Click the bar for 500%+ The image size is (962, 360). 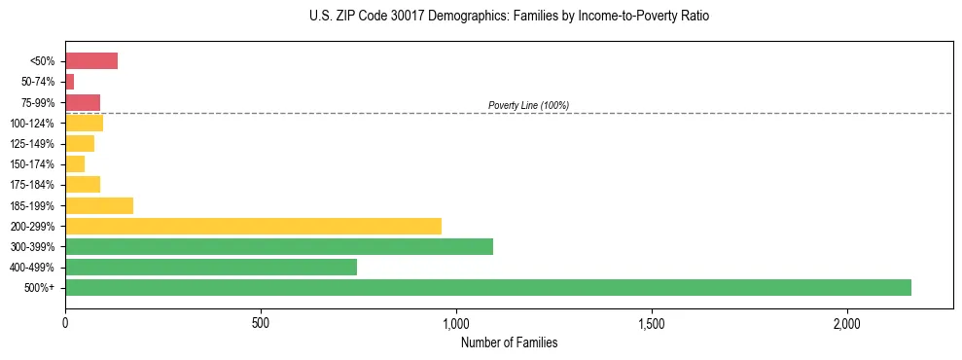[488, 287]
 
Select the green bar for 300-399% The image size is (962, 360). [279, 246]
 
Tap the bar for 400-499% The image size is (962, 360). [211, 267]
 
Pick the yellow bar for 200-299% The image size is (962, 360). [253, 226]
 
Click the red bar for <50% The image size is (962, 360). [91, 61]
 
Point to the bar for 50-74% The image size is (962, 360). [70, 82]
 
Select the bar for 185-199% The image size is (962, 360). [99, 205]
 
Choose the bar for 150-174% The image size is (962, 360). [75, 164]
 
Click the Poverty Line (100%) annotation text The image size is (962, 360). [528, 105]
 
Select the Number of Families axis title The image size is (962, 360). [509, 342]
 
